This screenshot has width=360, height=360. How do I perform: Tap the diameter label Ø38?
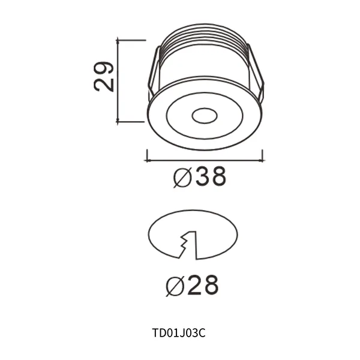point(200,177)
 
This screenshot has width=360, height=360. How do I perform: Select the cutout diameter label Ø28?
point(191,286)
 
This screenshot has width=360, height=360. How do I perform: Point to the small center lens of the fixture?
point(205,115)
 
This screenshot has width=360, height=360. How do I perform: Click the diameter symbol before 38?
point(181,178)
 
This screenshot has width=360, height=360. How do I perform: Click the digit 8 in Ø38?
point(217,177)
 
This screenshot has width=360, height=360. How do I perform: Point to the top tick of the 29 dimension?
point(131,40)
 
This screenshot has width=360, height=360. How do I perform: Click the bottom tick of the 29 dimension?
point(131,122)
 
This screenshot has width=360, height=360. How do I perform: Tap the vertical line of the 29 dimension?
point(119,81)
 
